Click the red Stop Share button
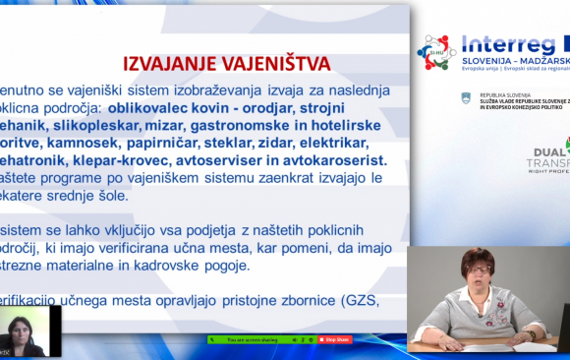[x=338, y=339]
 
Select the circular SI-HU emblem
[x=436, y=51]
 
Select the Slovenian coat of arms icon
[x=466, y=97]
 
